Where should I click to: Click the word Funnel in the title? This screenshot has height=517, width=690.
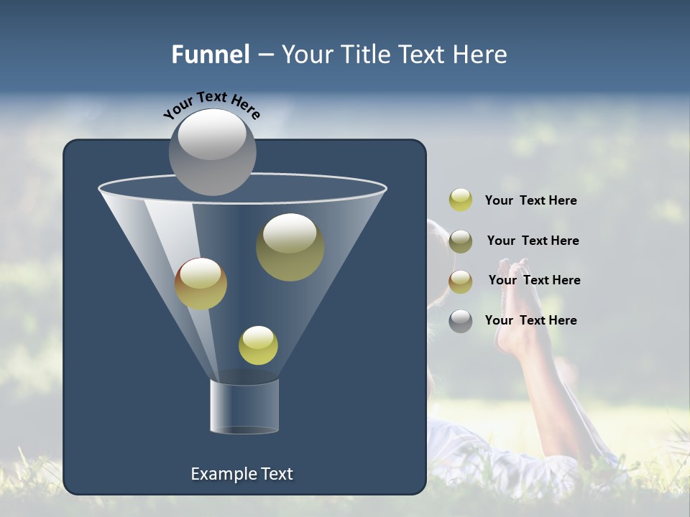pos(211,55)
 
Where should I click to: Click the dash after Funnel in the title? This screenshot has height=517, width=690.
pos(265,55)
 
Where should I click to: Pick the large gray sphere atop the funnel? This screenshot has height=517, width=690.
pos(212,152)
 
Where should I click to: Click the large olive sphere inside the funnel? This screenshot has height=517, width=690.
pos(290,247)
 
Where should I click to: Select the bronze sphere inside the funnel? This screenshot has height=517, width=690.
pos(201,284)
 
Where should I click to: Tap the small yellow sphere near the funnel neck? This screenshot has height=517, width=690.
pos(258,345)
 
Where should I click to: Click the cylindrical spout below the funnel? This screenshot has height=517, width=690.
pos(244,406)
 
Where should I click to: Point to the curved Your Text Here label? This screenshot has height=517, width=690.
pos(211,105)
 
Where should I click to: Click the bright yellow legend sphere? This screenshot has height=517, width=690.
pos(461,200)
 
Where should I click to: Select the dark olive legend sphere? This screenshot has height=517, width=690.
pos(461,241)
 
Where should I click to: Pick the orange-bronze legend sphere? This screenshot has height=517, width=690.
pos(461,281)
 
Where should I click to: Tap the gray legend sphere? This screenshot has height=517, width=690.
pos(461,321)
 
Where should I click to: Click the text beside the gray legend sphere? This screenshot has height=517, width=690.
pos(530,320)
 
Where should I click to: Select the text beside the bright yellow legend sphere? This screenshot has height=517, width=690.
pos(530,200)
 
